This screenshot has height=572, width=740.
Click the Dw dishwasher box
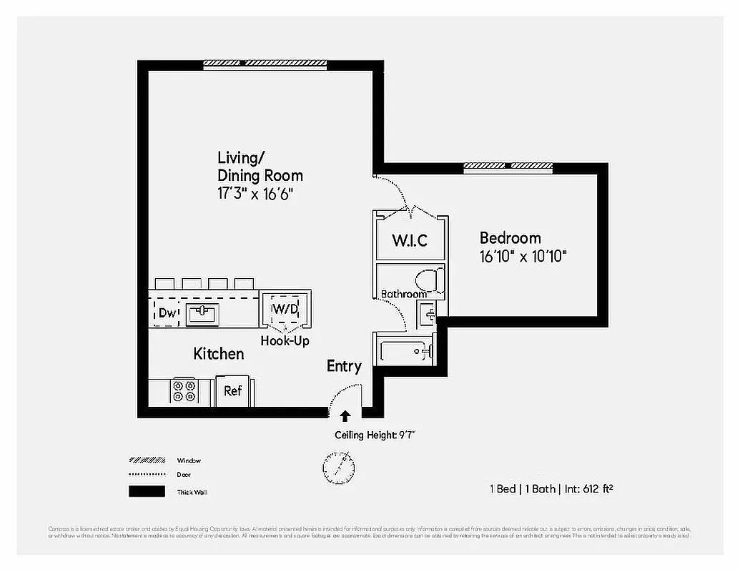tap(167, 312)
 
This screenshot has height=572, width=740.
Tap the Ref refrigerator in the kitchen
tap(233, 390)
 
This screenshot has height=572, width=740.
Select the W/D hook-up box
tap(285, 310)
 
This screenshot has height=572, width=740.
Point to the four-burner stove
tap(184, 391)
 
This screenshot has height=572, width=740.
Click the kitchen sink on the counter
tap(202, 313)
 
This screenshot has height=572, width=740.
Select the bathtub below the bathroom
tap(405, 351)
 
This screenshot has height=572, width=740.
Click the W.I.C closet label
tap(410, 240)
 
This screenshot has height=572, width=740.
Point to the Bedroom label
tap(510, 238)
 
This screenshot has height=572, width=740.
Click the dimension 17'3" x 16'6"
tap(256, 194)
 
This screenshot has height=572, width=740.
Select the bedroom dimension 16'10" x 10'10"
tap(523, 256)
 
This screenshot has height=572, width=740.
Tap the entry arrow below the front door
tap(345, 416)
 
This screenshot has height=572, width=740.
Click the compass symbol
tap(339, 467)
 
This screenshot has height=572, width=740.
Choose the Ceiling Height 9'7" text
tap(375, 435)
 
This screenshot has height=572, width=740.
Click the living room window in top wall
tap(265, 64)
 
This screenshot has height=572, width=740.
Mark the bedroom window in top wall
tap(508, 167)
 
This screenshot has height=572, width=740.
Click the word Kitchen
tap(219, 354)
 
